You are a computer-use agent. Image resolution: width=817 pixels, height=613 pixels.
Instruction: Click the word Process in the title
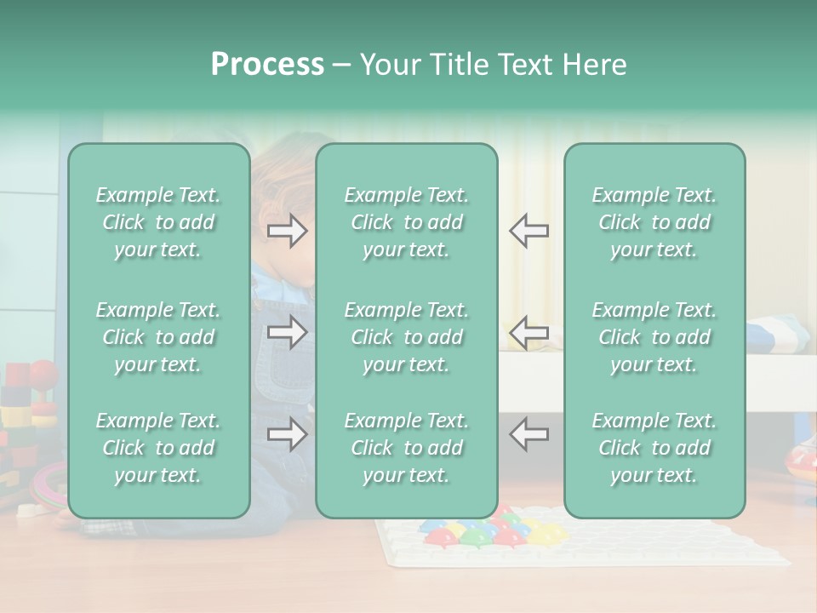(267, 65)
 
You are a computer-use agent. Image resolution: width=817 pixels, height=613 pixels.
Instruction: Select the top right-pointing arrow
(287, 231)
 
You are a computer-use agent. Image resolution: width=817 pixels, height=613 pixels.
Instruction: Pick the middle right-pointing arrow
(287, 332)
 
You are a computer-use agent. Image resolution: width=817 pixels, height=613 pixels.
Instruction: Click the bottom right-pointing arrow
(287, 434)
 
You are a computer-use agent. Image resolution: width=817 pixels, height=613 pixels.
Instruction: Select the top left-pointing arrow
(528, 231)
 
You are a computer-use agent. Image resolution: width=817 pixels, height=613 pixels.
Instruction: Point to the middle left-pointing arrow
(528, 332)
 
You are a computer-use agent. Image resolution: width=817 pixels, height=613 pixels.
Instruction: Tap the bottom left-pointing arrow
(528, 434)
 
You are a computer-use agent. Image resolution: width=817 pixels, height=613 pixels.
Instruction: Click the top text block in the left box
(158, 222)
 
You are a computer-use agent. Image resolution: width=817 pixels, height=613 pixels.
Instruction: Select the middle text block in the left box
(158, 337)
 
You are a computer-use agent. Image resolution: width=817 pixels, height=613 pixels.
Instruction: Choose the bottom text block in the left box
(158, 448)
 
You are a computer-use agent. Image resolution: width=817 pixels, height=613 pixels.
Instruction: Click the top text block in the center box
(406, 222)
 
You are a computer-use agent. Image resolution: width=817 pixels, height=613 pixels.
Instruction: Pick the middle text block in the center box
(406, 337)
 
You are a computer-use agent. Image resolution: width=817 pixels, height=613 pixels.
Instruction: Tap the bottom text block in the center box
(406, 448)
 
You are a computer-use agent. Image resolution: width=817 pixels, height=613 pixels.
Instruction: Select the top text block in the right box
(654, 222)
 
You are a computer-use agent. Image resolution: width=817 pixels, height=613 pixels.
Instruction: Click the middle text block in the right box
(654, 337)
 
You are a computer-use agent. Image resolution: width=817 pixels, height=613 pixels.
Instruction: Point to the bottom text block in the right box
(654, 448)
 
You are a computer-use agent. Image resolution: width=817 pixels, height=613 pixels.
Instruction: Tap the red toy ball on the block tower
(43, 372)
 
